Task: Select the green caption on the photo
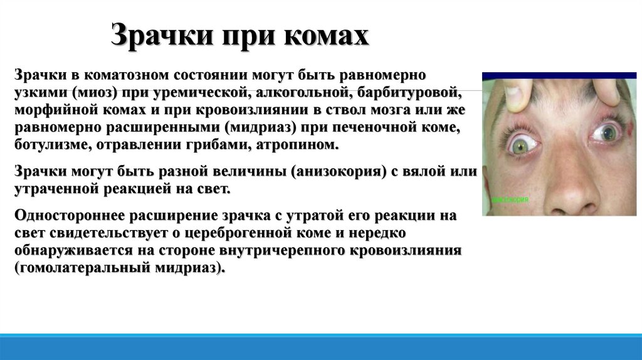tap(510, 199)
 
